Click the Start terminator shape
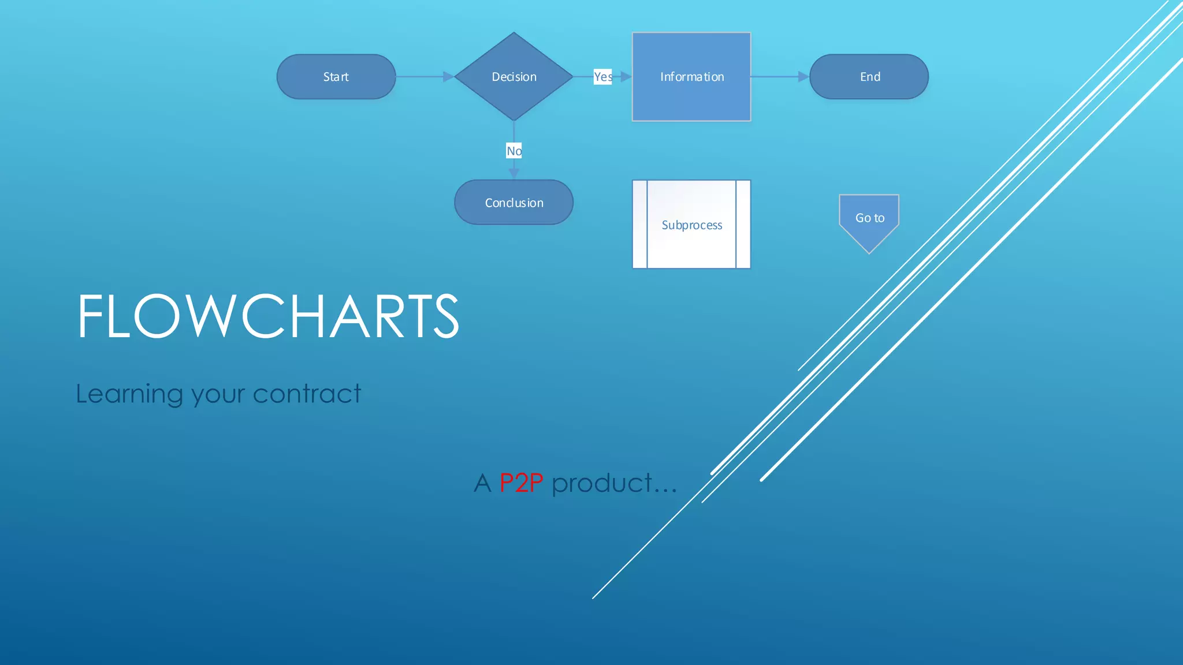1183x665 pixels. (336, 77)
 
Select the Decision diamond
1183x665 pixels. (514, 77)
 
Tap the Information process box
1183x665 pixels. (691, 77)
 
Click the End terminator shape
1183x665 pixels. (869, 77)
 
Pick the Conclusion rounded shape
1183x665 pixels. (514, 203)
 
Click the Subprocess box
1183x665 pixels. (691, 225)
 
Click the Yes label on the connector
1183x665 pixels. (602, 77)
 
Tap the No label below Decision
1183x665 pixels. (514, 151)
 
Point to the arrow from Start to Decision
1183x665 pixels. (425, 77)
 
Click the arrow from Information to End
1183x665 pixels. (780, 77)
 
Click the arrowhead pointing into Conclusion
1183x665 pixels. (514, 173)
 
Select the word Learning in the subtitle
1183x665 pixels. (129, 394)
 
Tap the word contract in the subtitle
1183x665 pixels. (307, 394)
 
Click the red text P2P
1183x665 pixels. (520, 483)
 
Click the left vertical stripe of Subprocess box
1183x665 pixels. (639, 225)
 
